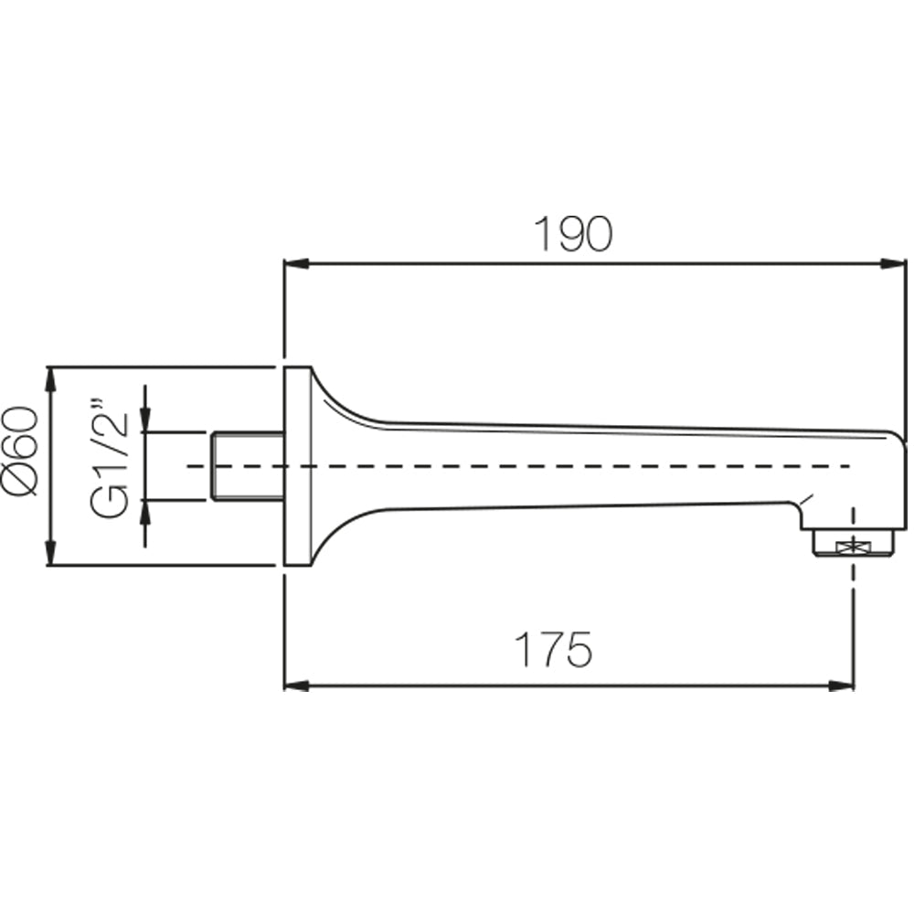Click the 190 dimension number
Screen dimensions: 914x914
coord(574,234)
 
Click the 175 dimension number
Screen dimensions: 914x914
coord(554,649)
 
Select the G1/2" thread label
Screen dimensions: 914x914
coord(110,459)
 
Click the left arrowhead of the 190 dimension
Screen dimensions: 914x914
coord(295,264)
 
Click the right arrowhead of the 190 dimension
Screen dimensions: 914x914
coord(894,264)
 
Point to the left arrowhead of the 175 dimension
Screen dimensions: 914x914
coord(295,686)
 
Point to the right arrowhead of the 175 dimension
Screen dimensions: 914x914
coord(841,686)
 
